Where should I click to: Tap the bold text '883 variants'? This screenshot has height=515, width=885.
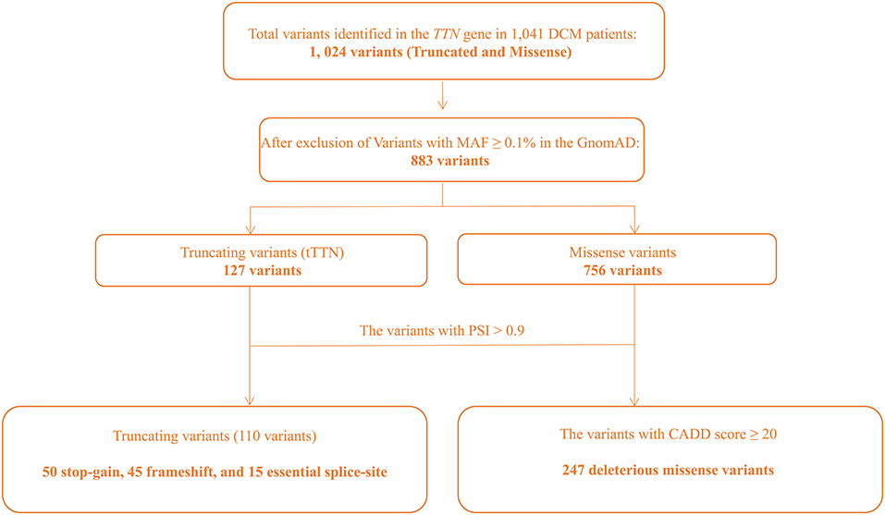tap(443, 159)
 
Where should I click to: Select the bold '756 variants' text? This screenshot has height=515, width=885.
tap(634, 272)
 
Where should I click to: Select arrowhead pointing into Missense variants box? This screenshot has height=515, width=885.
tap(634, 227)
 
